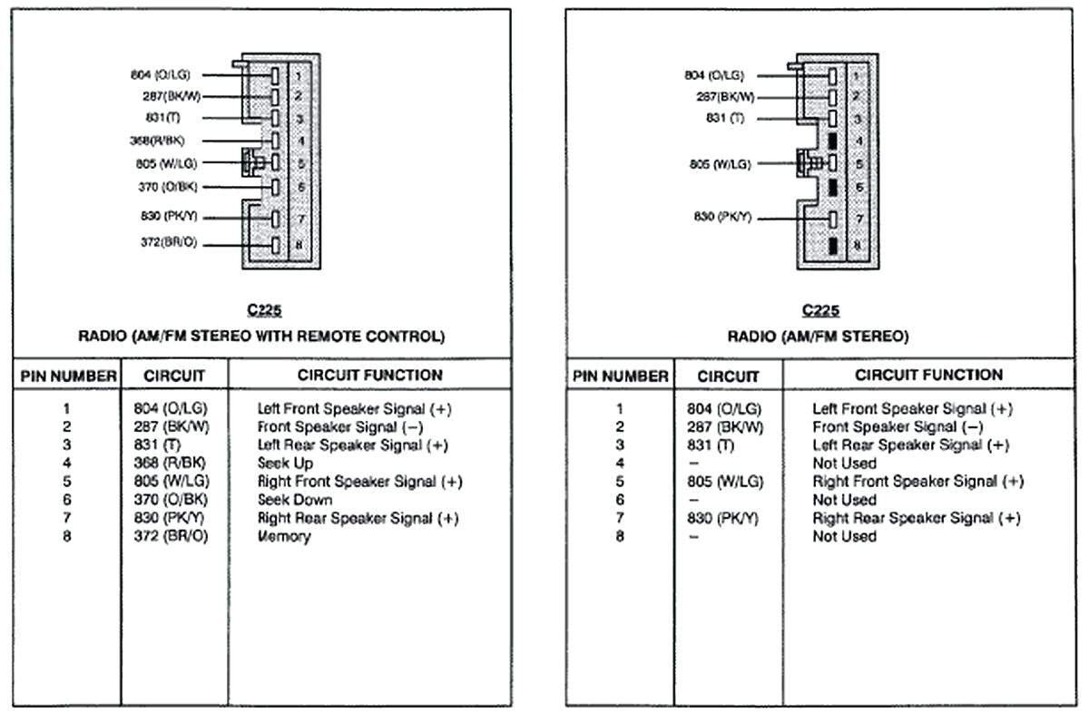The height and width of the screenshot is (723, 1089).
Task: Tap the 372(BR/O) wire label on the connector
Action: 168,244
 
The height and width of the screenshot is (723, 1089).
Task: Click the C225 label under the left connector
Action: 263,311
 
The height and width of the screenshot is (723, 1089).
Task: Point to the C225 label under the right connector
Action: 820,311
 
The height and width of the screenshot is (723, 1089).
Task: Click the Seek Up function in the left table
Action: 285,464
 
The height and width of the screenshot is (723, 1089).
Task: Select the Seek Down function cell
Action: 294,500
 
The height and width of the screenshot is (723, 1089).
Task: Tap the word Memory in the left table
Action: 284,536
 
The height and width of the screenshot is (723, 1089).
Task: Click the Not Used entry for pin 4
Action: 844,464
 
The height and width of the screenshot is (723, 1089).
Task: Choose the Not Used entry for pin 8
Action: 844,536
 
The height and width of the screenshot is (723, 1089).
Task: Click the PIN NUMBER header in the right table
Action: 620,376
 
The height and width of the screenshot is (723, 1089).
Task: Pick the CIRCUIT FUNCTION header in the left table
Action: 369,375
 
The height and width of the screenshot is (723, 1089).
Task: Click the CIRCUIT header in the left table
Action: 174,376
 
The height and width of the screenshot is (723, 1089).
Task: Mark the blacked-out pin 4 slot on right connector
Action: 832,142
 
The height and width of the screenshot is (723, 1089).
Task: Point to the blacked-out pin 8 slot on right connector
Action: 832,245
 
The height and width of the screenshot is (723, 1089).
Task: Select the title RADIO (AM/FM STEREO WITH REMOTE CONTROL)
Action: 262,337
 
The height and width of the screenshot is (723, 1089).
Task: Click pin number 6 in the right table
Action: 620,500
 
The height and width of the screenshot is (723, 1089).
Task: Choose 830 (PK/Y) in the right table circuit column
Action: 723,518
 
